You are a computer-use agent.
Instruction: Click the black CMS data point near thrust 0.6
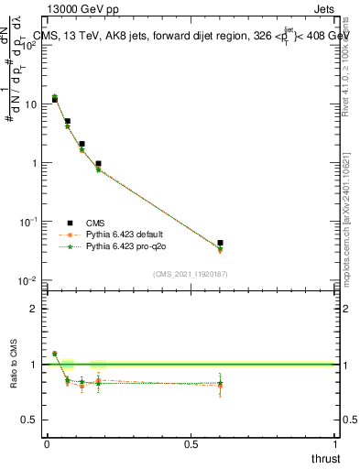pyautogui.click(x=220, y=243)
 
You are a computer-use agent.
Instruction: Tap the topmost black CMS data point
pyautogui.click(x=55, y=99)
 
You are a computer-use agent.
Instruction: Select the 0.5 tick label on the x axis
pyautogui.click(x=191, y=444)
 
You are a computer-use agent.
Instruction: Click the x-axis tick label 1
pyautogui.click(x=336, y=444)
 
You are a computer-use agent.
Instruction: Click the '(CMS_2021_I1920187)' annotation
pyautogui.click(x=191, y=273)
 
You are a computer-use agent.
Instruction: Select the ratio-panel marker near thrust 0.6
pyautogui.click(x=220, y=384)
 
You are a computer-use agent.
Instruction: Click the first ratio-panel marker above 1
pyautogui.click(x=55, y=354)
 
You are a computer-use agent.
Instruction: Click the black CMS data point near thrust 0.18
pyautogui.click(x=98, y=164)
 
